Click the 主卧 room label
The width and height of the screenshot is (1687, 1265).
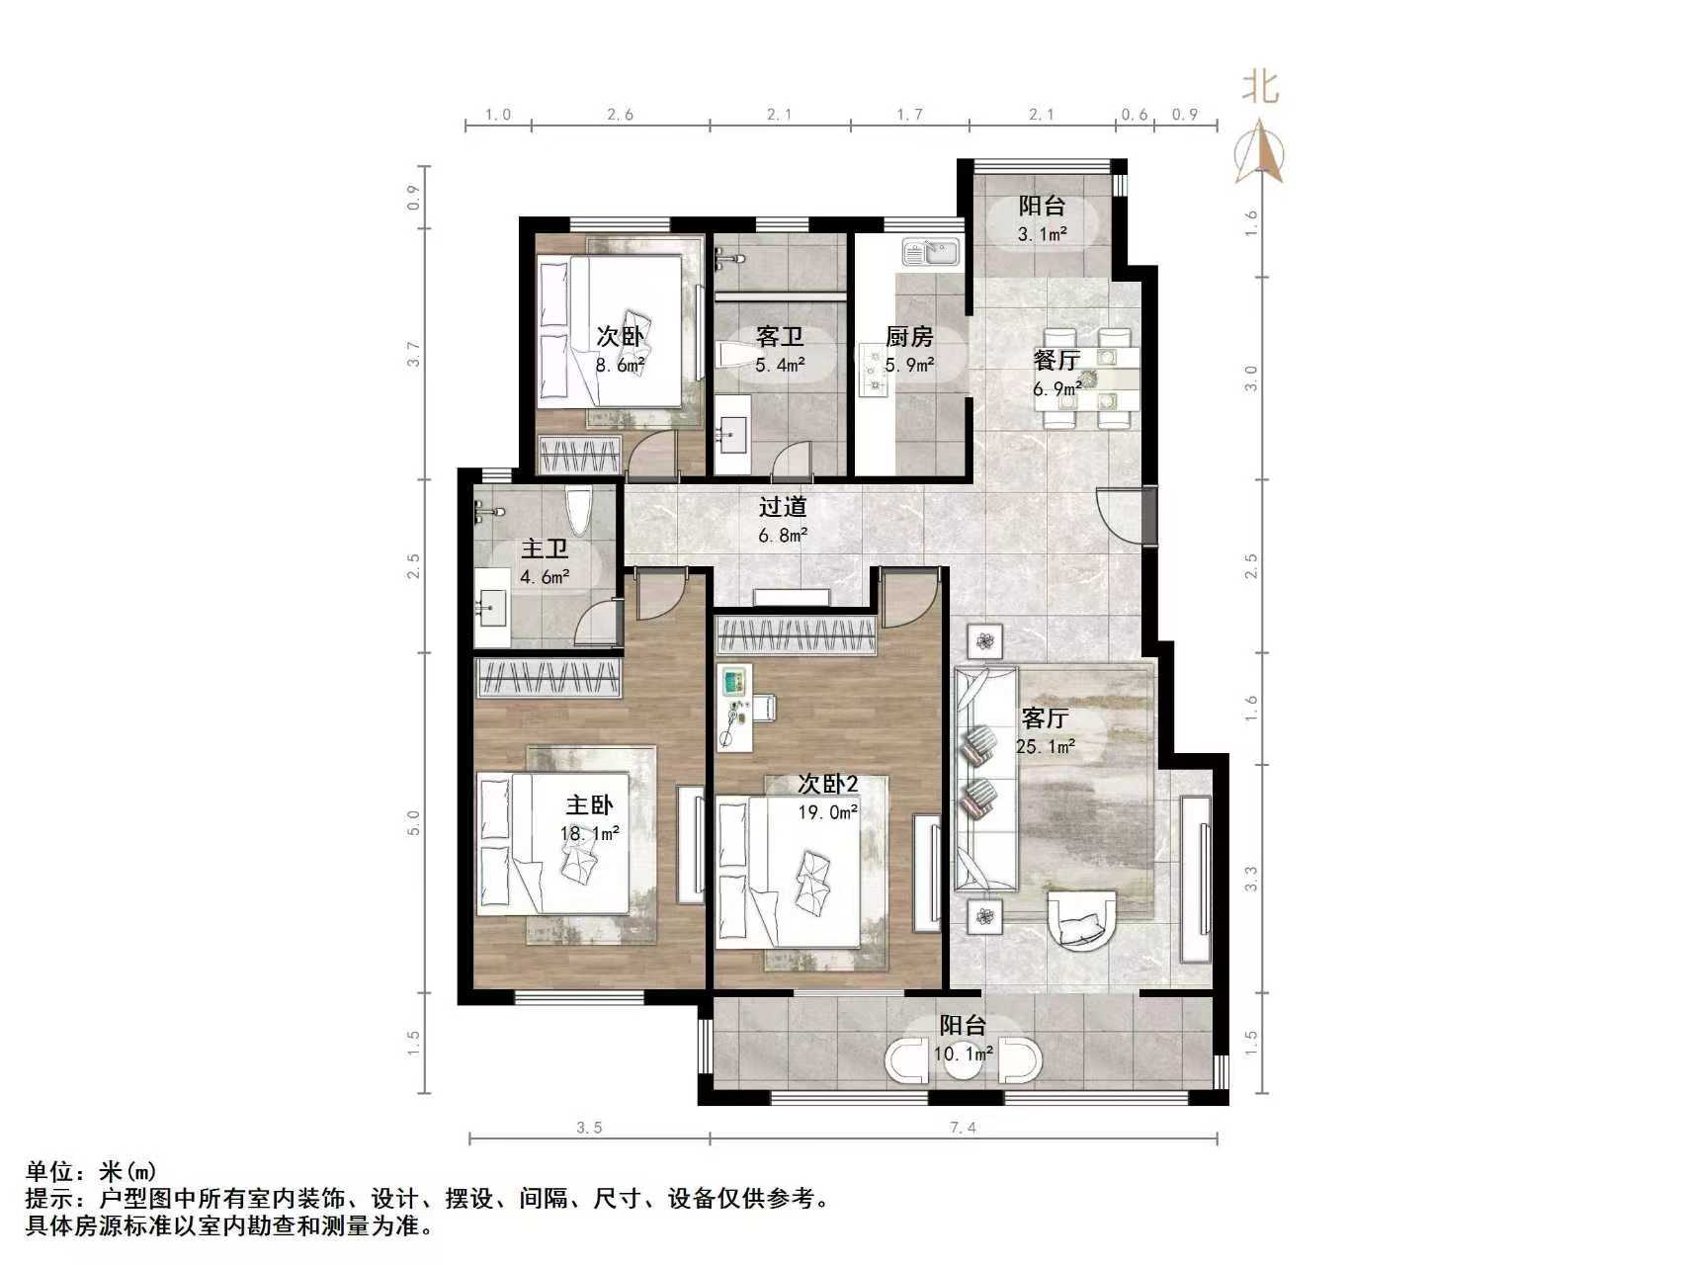(x=589, y=804)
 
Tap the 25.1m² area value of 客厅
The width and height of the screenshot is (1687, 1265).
(x=1046, y=747)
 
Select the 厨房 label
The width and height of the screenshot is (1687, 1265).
(x=909, y=337)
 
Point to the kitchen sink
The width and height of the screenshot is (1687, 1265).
(x=930, y=254)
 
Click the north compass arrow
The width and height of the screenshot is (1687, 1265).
(x=1259, y=152)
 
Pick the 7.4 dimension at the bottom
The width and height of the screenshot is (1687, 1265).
(x=963, y=1128)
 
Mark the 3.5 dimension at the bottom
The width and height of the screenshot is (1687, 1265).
(x=589, y=1128)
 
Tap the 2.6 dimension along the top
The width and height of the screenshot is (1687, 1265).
(x=620, y=115)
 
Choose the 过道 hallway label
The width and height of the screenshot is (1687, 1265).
(x=783, y=507)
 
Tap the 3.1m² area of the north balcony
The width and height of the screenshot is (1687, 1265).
(x=1043, y=234)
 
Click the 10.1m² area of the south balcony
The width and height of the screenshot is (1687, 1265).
(x=963, y=1054)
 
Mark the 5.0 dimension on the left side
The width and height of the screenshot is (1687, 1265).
(x=414, y=822)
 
